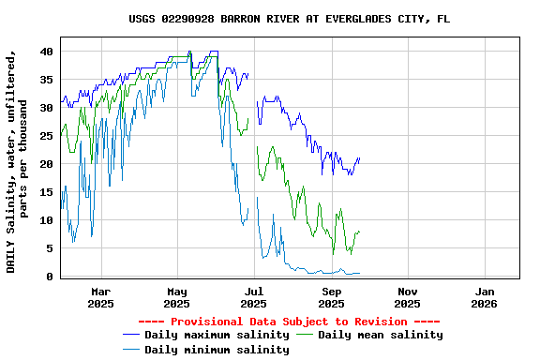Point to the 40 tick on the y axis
46,52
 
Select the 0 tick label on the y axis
50,277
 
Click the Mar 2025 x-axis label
100,297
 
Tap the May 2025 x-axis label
177,297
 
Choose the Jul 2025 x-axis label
253,297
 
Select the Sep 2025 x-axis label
331,297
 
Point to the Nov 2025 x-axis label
407,297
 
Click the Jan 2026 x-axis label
484,297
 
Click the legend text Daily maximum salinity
217,335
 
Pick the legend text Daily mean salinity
381,335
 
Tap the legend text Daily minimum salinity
217,350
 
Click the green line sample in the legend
306,335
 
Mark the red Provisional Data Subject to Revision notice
283,321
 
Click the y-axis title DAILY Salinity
18,164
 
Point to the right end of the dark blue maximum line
359,158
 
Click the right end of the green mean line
359,232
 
